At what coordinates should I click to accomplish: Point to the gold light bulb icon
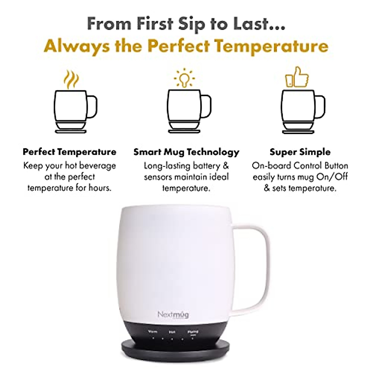(x=184, y=77)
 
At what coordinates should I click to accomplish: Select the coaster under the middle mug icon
(x=184, y=127)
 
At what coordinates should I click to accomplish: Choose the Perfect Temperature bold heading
(x=69, y=152)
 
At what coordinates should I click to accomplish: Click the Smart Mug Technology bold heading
(x=186, y=152)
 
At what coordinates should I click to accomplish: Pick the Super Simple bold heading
(x=300, y=152)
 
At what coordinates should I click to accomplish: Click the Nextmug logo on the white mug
(x=173, y=315)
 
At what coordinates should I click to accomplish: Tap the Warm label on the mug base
(x=153, y=331)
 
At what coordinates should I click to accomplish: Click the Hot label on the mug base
(x=172, y=332)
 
